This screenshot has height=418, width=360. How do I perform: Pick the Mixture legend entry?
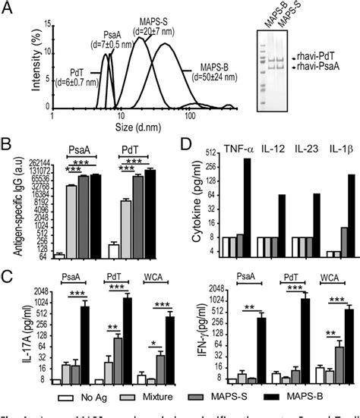[x=154, y=395]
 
